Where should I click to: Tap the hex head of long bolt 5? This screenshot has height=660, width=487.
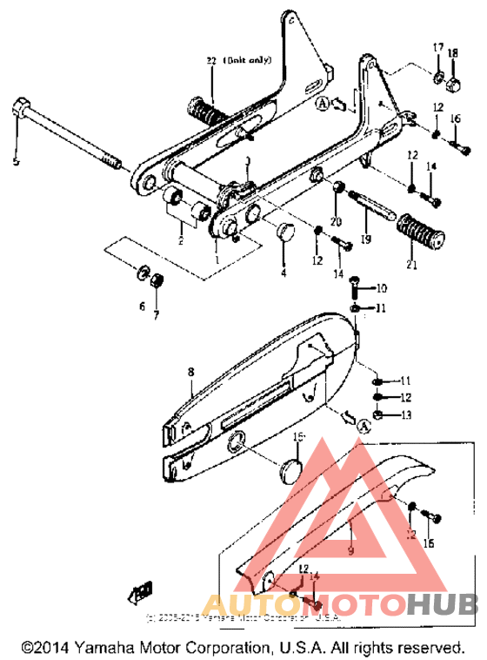pos(22,111)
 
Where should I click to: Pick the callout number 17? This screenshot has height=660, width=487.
pos(438,46)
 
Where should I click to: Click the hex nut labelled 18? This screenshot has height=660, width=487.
pos(453,84)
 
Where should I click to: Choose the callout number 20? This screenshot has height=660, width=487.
pos(337,221)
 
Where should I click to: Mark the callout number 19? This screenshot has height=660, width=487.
pos(366,239)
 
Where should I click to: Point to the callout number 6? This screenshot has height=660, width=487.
pos(143,306)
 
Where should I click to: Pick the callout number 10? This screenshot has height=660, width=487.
pos(382,287)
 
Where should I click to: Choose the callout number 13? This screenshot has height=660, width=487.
pos(405,414)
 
